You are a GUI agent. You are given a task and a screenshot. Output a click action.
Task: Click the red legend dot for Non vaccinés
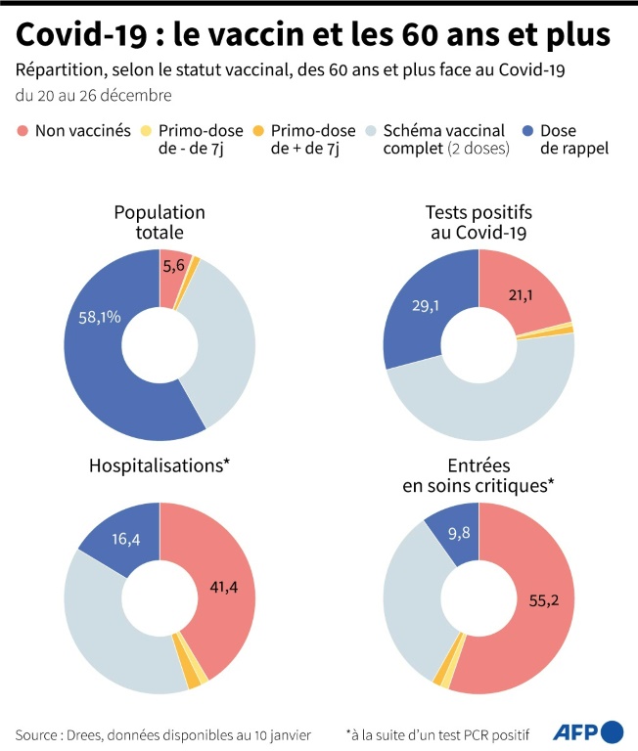23,130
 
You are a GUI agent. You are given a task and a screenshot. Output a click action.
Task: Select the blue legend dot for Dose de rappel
527,130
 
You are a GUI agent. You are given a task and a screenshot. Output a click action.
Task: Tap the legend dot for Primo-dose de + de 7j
258,130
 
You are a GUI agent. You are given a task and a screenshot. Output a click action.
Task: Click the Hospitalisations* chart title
159,465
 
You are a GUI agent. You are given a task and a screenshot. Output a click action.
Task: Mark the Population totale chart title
159,222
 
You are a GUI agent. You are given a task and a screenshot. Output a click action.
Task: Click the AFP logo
588,731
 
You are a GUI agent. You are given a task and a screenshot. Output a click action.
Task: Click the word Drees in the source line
91,733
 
